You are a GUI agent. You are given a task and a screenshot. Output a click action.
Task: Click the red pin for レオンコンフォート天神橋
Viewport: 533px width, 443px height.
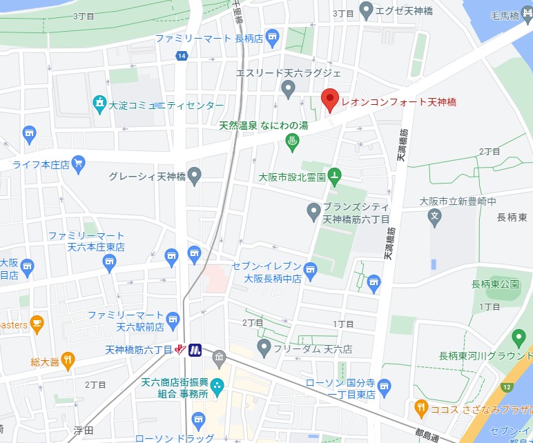coord(330,100)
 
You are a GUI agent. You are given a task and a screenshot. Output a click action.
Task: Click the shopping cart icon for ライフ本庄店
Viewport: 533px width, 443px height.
coord(78,164)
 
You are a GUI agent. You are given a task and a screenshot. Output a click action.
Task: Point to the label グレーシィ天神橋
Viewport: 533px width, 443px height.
coord(148,177)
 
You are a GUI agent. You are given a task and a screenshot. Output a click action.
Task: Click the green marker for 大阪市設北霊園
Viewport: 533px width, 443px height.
coord(334,177)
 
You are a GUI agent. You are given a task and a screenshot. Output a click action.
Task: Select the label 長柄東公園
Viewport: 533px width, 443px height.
coord(494,284)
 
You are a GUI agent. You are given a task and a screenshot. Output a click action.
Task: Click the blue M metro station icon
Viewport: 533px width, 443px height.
coord(195,350)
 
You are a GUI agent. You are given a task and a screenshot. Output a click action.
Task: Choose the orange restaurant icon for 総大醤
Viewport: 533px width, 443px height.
coord(68,359)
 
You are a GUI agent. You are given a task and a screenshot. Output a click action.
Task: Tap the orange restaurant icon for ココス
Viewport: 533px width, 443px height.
coord(420,408)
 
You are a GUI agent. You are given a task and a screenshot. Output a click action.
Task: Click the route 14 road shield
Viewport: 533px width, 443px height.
coord(181,56)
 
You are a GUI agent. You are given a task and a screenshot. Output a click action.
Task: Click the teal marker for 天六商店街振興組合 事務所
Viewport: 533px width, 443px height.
coord(217,385)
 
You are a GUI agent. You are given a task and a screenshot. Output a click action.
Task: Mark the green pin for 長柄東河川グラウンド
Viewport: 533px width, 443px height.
coord(520,338)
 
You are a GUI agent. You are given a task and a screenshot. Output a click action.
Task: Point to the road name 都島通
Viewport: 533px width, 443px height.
coord(431,436)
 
